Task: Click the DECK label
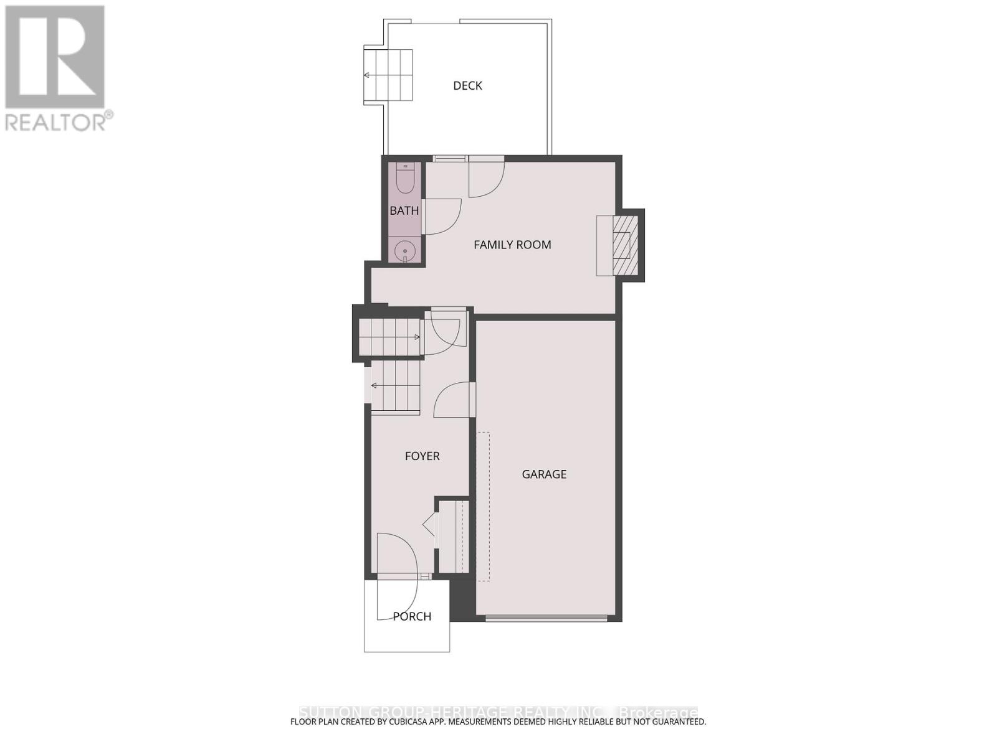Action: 467,86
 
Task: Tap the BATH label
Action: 404,211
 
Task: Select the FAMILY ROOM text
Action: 512,245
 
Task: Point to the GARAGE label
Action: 544,474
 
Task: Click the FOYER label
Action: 422,456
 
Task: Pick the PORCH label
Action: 412,616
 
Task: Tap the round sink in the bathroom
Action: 404,250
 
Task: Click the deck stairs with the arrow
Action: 389,75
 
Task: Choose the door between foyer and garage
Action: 452,400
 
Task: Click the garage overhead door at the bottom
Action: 546,618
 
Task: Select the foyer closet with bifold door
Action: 452,535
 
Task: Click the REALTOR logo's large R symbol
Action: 55,57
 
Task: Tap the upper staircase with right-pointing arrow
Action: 390,337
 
